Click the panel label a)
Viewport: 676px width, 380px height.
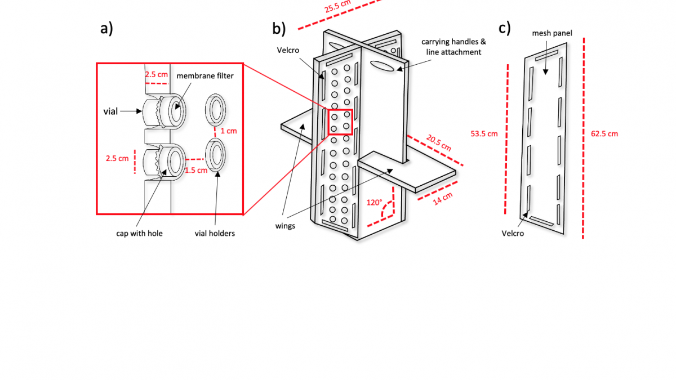point(106,29)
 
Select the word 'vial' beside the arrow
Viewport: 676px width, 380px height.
point(110,111)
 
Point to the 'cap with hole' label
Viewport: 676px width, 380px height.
point(136,233)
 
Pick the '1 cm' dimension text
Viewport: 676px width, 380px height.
point(228,131)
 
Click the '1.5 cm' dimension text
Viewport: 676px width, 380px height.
point(196,170)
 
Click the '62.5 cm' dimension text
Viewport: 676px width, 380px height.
point(604,134)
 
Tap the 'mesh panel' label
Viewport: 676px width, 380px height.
point(552,33)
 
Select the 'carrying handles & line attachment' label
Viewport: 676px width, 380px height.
point(453,47)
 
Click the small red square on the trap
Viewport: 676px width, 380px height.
point(340,122)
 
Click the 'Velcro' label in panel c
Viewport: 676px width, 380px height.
point(513,233)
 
